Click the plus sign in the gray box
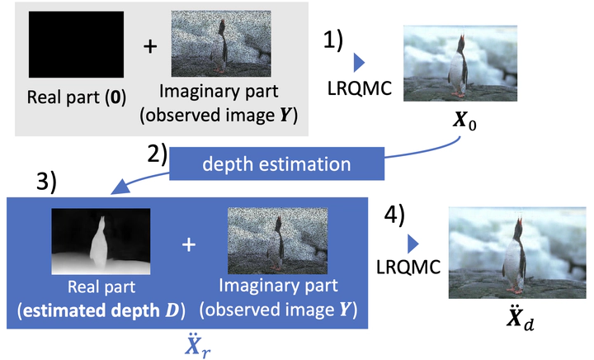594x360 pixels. point(149,46)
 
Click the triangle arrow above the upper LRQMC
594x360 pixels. point(360,63)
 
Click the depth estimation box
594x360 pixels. point(276,163)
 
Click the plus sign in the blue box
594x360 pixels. point(188,245)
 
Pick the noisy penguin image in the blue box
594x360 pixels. point(272,239)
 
